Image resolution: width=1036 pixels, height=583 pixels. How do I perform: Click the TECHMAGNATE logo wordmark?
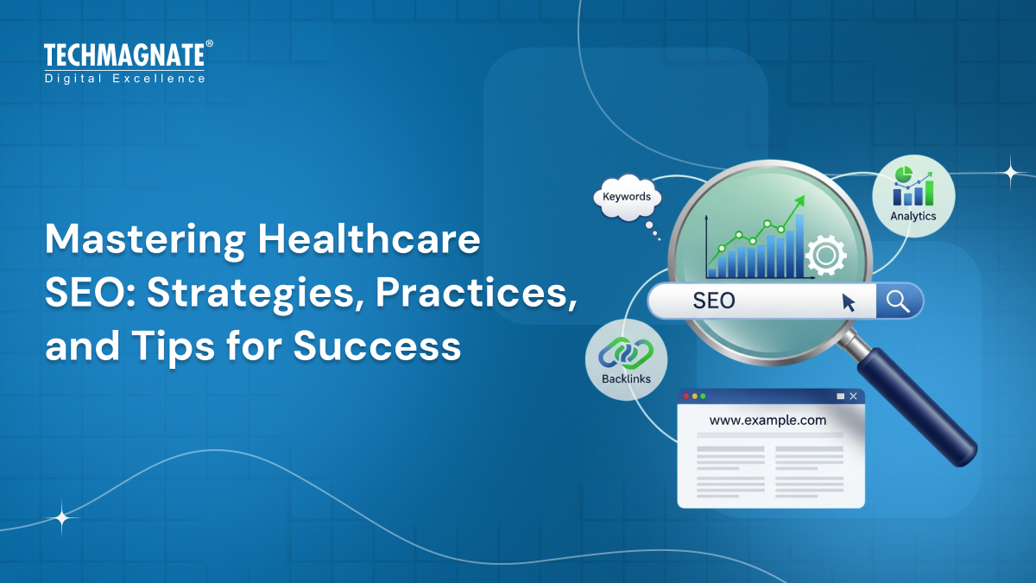[x=124, y=56]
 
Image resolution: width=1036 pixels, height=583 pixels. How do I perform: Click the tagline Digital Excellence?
[x=124, y=79]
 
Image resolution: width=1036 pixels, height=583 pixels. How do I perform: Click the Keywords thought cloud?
[x=627, y=197]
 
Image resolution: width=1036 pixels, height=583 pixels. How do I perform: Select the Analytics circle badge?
[x=913, y=196]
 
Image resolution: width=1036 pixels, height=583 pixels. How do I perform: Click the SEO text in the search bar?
[x=714, y=301]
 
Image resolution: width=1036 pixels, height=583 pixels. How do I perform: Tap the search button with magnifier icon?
[x=898, y=301]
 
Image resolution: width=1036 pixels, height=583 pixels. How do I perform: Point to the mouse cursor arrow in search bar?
[x=849, y=302]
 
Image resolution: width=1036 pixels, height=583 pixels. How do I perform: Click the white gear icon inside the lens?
[x=824, y=256]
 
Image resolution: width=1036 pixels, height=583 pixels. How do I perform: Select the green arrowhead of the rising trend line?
[x=799, y=200]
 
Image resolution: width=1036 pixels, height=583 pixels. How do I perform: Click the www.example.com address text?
[x=768, y=421]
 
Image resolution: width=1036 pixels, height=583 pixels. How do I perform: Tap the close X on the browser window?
[x=853, y=396]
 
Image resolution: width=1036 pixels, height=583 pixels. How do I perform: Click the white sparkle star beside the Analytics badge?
[x=1011, y=172]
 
